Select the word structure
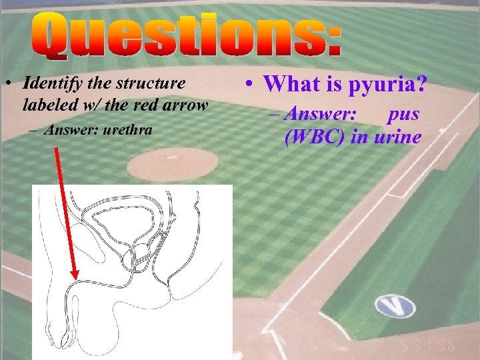[151, 84]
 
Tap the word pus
[403, 113]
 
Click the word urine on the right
[398, 137]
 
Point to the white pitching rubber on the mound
[173, 157]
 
